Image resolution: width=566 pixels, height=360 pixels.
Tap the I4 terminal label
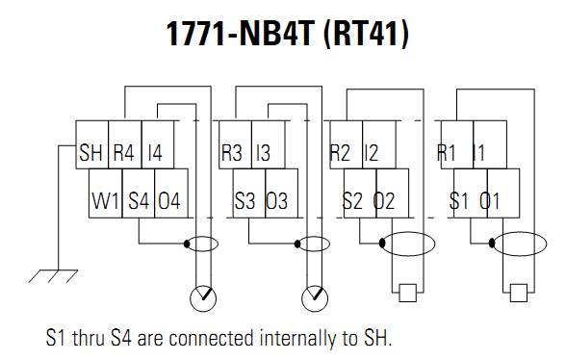tap(156, 151)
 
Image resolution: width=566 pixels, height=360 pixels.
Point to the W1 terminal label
tap(105, 202)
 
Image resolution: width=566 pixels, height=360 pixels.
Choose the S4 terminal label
tap(138, 202)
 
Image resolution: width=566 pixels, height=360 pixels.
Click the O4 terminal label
tap(169, 202)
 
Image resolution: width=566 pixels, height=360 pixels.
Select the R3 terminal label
tap(233, 151)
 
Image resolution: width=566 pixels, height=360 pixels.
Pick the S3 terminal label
tap(246, 202)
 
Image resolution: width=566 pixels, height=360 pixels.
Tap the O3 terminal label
tap(277, 202)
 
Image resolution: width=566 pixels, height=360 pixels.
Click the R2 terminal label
tap(341, 151)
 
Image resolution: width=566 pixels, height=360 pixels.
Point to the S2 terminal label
tap(354, 202)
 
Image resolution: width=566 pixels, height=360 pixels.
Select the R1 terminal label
tap(448, 151)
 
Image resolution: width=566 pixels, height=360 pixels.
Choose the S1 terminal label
tap(462, 202)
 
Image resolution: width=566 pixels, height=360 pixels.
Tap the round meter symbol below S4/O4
tap(204, 298)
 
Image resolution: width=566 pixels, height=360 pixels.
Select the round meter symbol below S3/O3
tap(314, 298)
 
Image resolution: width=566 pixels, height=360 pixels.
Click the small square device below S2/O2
tap(406, 293)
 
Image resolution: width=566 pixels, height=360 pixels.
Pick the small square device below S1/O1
tap(519, 293)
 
